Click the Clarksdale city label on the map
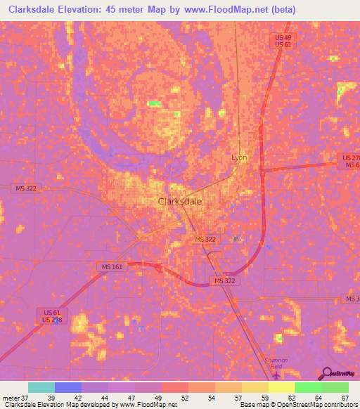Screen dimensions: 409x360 181,201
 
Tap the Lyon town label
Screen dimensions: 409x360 240,157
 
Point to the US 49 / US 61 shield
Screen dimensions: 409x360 283,41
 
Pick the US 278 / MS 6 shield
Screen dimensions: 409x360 348,161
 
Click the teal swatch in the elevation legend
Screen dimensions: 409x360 41,387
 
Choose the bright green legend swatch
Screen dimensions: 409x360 308,387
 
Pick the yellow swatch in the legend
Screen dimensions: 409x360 281,387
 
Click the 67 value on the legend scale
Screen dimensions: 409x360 345,398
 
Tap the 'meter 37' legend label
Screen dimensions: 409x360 15,398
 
